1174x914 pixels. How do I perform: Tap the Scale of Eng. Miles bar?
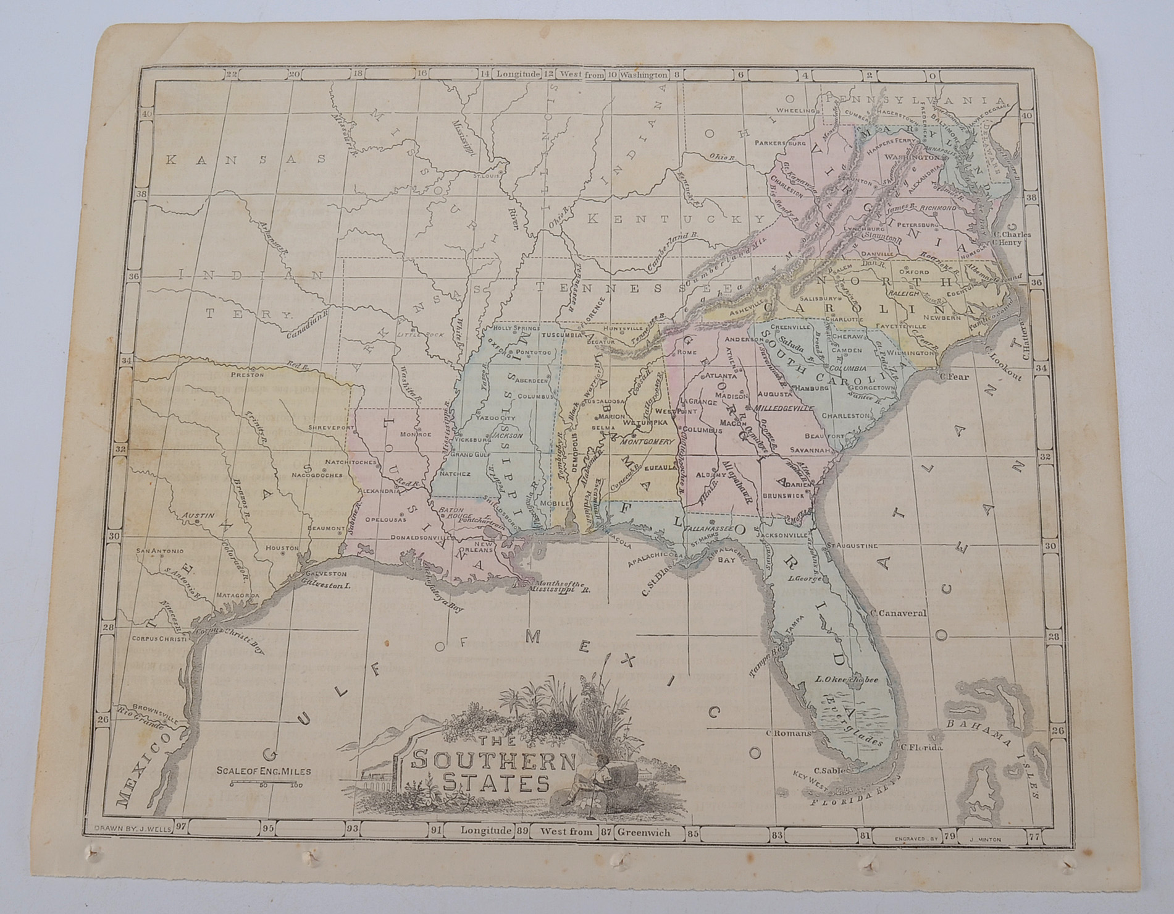(x=264, y=784)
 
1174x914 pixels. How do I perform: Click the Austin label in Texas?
(x=198, y=515)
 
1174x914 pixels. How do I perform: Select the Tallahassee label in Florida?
(x=710, y=529)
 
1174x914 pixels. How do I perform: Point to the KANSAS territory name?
(x=246, y=159)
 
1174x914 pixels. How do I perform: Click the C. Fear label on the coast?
(x=954, y=376)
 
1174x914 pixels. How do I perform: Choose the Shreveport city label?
(x=331, y=427)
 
